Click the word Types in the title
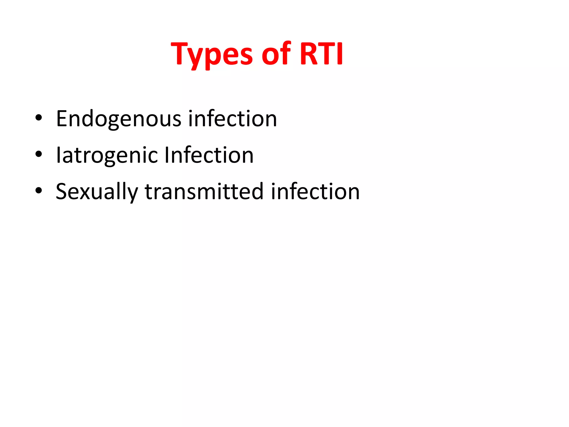(x=212, y=54)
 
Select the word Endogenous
(x=119, y=119)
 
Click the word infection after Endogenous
(x=233, y=119)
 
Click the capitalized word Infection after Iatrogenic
(x=209, y=155)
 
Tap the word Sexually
(x=97, y=192)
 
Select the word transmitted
(x=204, y=192)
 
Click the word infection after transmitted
(x=315, y=192)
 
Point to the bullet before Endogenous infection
(x=39, y=118)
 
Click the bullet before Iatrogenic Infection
(x=39, y=154)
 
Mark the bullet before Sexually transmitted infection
(x=39, y=191)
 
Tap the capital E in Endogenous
(x=62, y=119)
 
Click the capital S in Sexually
(x=62, y=192)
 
